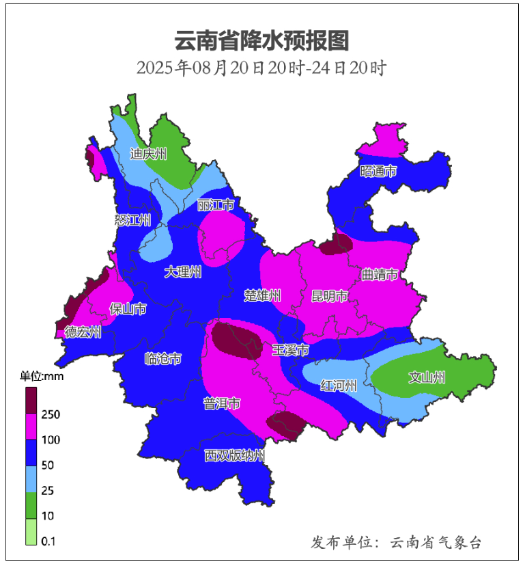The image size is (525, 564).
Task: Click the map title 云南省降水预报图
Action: tap(262, 41)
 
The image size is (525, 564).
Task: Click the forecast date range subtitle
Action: tap(262, 68)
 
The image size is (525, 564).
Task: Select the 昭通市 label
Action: tap(378, 172)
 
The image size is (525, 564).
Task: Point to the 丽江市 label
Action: tap(216, 206)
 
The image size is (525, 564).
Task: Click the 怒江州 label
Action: tap(132, 220)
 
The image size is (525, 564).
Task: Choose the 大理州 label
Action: tap(183, 272)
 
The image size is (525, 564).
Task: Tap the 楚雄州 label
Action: tap(263, 295)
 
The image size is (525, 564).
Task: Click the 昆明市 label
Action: tap(330, 296)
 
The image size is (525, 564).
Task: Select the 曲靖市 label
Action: tap(380, 276)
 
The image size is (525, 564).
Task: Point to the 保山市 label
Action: tap(128, 309)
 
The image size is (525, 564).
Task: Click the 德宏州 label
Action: tap(83, 332)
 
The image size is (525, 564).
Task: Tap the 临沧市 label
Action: tap(163, 358)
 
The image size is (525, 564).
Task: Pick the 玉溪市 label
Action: tap(290, 350)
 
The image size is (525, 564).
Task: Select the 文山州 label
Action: tap(427, 377)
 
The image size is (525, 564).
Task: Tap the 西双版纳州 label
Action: tap(234, 455)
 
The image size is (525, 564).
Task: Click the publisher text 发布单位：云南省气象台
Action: tap(397, 543)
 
